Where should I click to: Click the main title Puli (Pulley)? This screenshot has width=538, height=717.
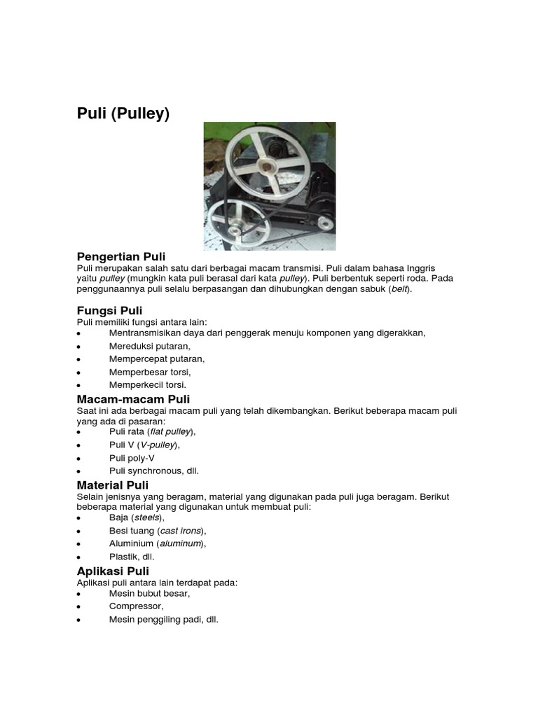(123, 113)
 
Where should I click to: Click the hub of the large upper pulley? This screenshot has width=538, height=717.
(265, 166)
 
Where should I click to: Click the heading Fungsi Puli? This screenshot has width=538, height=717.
(109, 310)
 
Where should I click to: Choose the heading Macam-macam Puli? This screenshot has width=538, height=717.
(133, 398)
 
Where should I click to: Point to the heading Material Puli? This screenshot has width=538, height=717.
(112, 485)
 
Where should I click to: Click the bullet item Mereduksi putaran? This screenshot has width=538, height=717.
(149, 346)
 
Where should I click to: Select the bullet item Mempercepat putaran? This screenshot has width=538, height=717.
(156, 358)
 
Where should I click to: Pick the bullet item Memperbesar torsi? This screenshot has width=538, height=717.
(149, 372)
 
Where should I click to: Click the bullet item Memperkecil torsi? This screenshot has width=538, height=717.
(147, 384)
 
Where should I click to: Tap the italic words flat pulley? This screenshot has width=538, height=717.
(170, 432)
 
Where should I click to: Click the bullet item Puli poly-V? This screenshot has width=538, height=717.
(132, 458)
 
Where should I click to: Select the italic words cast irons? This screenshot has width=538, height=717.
(181, 531)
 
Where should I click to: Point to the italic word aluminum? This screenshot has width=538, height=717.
(181, 543)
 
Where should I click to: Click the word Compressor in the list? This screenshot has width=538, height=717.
(136, 606)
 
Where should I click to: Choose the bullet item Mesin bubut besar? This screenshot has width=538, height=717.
(149, 593)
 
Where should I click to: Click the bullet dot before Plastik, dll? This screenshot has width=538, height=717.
(79, 557)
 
